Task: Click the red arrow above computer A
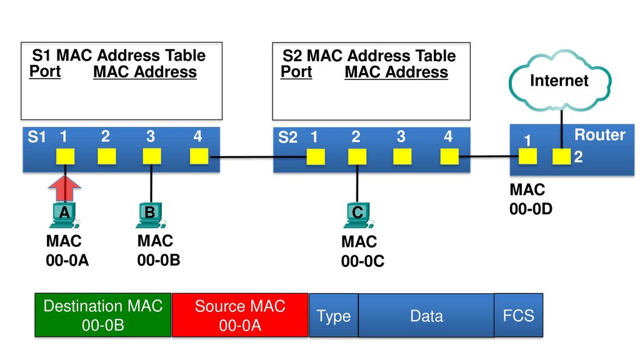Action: (x=65, y=188)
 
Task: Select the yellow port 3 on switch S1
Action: (x=151, y=156)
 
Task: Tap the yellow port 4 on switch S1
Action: (x=199, y=156)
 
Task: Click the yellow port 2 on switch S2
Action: (x=357, y=156)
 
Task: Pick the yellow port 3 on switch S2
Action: (x=402, y=156)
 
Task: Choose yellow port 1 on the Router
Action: (x=527, y=156)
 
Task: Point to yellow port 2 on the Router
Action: (x=562, y=156)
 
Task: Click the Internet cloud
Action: (x=560, y=81)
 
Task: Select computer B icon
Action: (x=150, y=215)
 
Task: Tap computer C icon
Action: (x=358, y=215)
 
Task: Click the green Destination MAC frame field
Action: (x=103, y=315)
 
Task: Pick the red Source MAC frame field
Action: (x=240, y=315)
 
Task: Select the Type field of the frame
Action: (x=334, y=315)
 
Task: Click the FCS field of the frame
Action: (x=518, y=315)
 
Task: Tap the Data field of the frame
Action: (x=426, y=315)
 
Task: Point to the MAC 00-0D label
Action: (x=531, y=199)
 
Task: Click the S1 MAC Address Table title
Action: (x=119, y=55)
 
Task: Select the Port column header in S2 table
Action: (x=296, y=72)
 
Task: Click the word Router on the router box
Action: (x=599, y=135)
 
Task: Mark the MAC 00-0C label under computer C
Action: (x=362, y=251)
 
